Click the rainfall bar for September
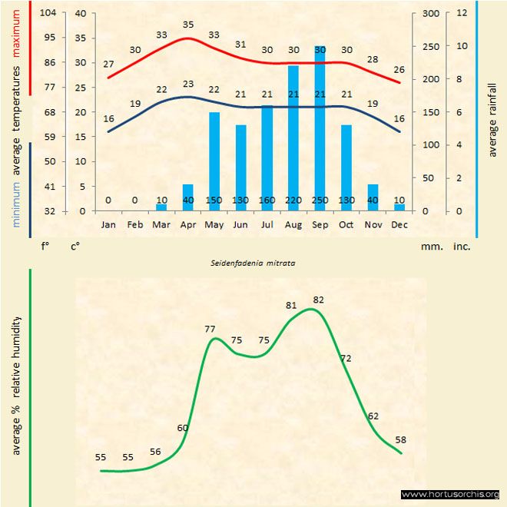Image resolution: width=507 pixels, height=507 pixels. [320, 123]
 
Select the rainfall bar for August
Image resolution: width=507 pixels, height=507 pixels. [293, 134]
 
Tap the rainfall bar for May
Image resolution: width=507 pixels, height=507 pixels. [214, 157]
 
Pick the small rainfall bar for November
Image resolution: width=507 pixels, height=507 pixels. [373, 195]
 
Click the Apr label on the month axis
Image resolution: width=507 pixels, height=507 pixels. [187, 224]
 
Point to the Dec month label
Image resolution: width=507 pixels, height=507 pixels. [399, 224]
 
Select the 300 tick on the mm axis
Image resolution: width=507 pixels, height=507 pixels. [430, 13]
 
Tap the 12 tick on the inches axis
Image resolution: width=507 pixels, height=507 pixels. [461, 13]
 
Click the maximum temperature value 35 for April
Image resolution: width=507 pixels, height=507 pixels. [188, 25]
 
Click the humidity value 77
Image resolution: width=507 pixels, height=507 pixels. [210, 329]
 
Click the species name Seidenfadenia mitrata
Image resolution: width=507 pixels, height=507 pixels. [253, 262]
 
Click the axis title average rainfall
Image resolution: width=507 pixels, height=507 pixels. [492, 119]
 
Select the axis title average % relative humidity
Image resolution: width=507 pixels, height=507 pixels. [16, 384]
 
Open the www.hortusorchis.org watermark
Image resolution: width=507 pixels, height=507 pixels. [451, 494]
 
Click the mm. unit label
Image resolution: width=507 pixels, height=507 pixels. [430, 247]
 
